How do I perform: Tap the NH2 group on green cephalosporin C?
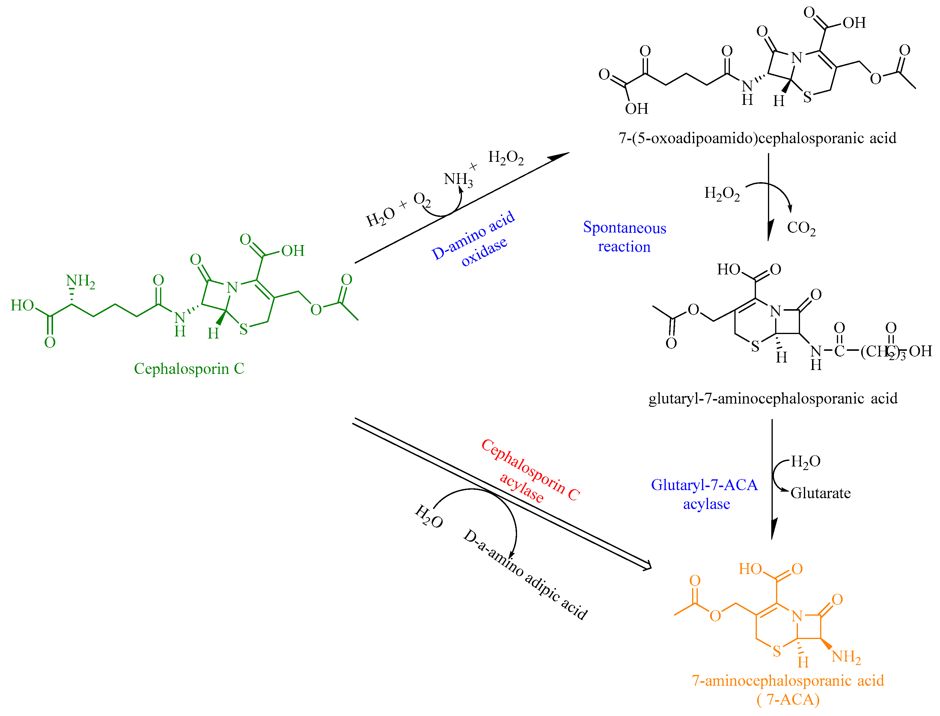pyautogui.click(x=80, y=281)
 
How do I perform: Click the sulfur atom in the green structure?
pyautogui.click(x=243, y=329)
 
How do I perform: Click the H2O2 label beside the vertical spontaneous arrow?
pyautogui.click(x=722, y=194)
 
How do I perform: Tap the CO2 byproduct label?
pyautogui.click(x=801, y=228)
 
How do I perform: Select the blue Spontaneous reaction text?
pyautogui.click(x=625, y=237)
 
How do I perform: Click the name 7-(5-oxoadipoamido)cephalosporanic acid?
pyautogui.click(x=757, y=138)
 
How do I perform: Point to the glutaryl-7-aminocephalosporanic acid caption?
pyautogui.click(x=772, y=398)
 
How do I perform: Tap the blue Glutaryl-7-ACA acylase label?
pyautogui.click(x=704, y=494)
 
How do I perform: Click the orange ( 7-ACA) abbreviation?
pyautogui.click(x=788, y=700)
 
